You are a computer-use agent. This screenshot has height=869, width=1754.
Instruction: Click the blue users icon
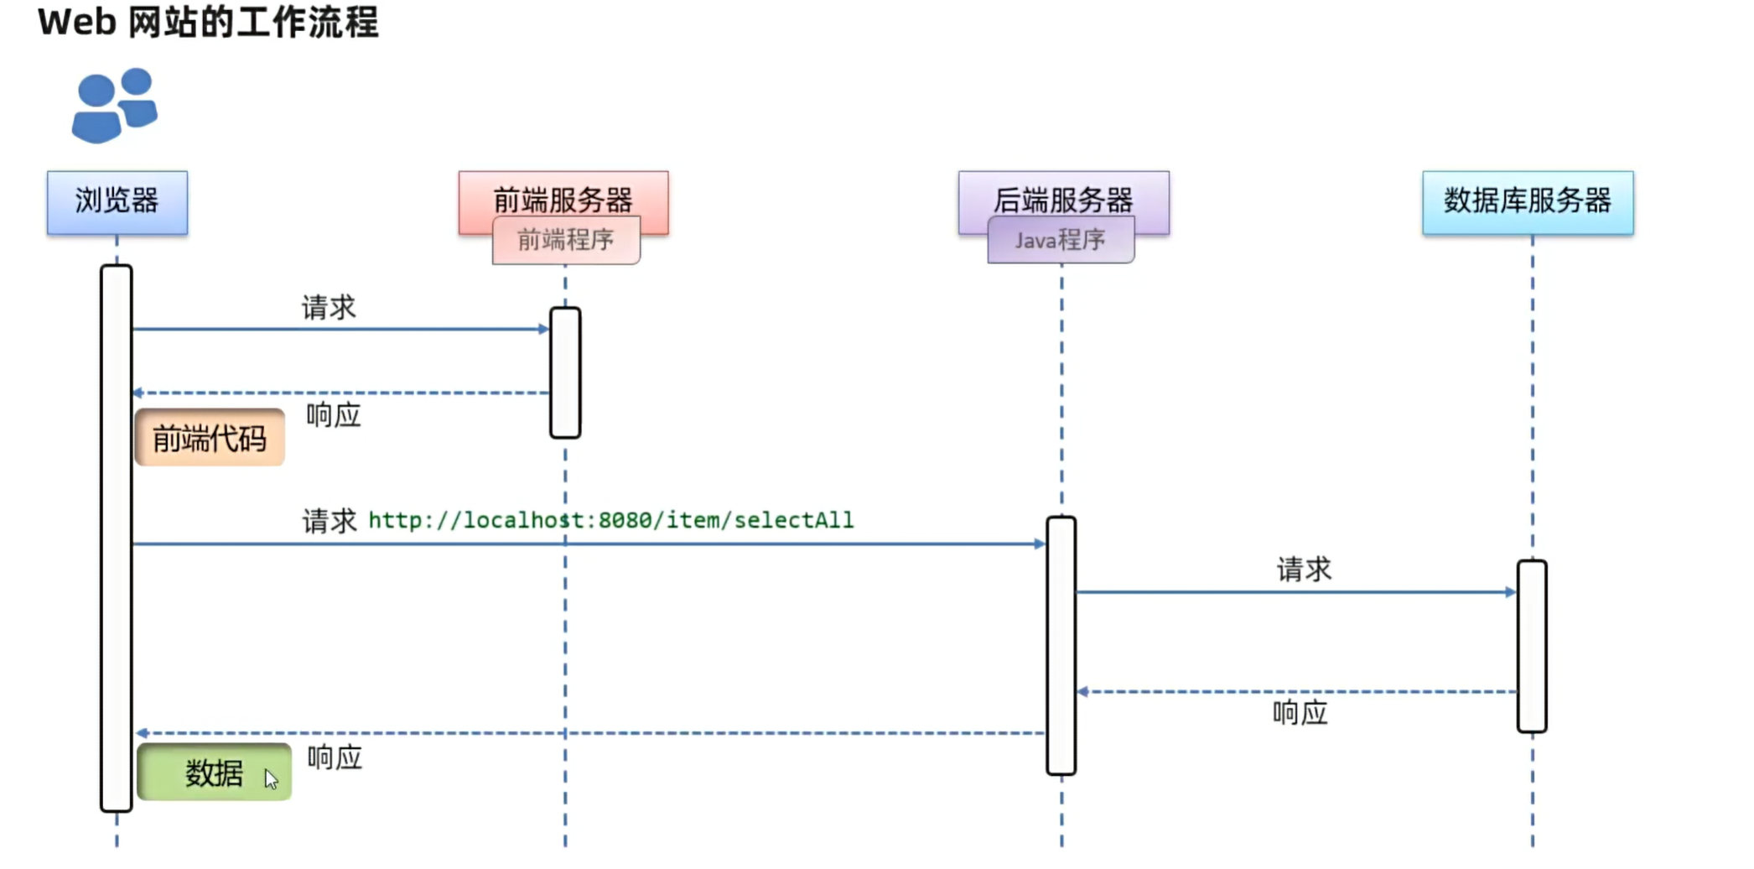(114, 106)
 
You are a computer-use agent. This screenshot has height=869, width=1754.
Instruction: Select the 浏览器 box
(117, 202)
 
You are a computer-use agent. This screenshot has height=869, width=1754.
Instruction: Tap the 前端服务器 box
(563, 195)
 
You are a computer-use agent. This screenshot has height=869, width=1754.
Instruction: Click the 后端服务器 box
(1063, 195)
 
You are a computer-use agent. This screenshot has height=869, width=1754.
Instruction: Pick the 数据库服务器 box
(1528, 202)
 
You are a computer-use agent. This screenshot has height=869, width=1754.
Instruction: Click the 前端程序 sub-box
(566, 241)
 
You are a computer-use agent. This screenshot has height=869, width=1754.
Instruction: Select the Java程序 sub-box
(1061, 241)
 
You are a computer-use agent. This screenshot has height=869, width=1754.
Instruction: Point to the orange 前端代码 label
(210, 438)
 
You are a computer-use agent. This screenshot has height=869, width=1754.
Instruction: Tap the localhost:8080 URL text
(610, 521)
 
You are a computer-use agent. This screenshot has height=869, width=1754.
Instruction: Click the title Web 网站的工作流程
(208, 22)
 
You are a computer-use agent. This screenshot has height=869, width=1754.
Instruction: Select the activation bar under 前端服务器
(565, 372)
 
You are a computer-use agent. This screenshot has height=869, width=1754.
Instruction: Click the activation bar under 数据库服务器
(1532, 646)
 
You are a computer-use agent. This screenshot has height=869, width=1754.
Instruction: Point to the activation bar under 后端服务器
(1061, 645)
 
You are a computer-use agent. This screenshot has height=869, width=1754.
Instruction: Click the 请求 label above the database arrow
(1304, 570)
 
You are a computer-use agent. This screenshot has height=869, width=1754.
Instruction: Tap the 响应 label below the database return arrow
(1300, 713)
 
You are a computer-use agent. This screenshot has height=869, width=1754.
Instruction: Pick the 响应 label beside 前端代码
(333, 415)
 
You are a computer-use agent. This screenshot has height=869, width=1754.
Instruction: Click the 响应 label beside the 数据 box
(335, 758)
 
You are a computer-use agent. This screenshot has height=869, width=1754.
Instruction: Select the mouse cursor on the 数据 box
(271, 779)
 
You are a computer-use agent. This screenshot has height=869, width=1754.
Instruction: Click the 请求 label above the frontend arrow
(329, 308)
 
